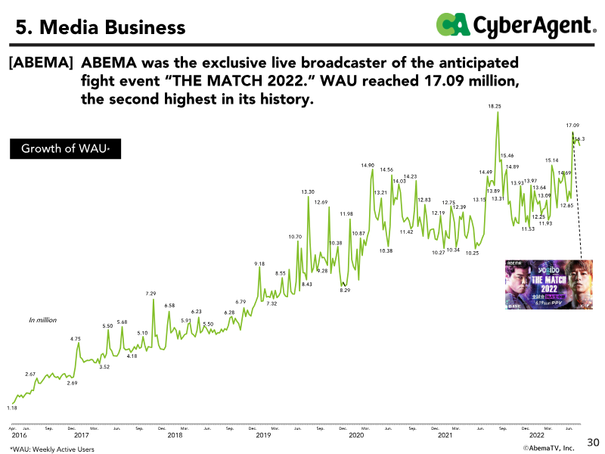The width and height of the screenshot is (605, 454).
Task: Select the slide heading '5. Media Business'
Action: [101, 28]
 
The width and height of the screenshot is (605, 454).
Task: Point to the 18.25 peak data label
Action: [495, 107]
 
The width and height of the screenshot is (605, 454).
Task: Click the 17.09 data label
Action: [572, 124]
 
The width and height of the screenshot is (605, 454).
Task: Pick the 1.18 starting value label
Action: [12, 408]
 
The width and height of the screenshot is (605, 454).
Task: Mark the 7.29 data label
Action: [151, 293]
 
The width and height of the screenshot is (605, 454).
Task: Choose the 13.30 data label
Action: [308, 192]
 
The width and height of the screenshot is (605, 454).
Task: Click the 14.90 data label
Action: [368, 165]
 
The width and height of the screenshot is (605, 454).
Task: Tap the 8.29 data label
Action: [345, 291]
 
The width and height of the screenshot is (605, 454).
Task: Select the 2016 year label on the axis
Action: [19, 436]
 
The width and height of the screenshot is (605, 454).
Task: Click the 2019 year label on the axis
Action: [263, 436]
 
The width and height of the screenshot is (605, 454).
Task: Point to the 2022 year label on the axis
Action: [536, 436]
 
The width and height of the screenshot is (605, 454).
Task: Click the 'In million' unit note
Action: [42, 320]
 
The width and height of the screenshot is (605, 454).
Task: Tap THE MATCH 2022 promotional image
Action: [548, 285]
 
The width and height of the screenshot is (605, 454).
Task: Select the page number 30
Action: [593, 441]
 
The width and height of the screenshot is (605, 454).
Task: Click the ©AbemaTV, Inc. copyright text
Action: [549, 448]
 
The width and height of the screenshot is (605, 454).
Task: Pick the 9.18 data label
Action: [259, 263]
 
